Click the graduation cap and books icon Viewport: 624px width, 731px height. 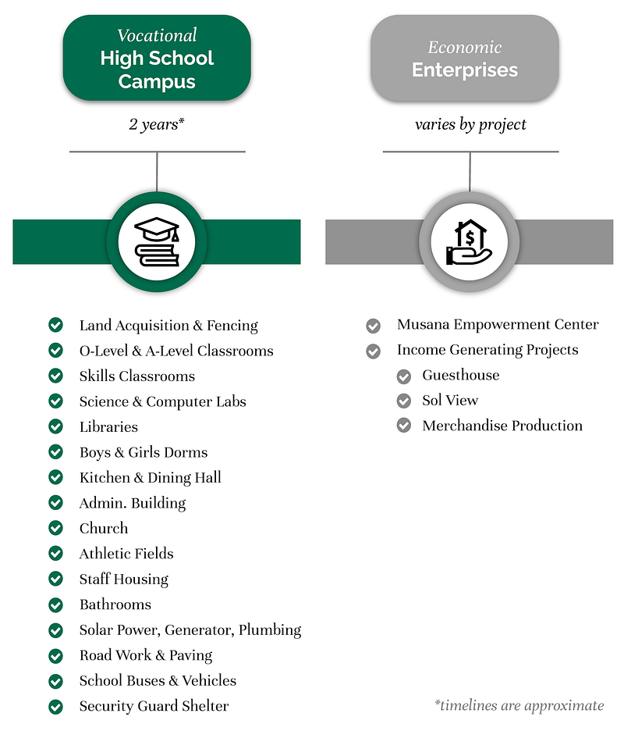[x=157, y=241]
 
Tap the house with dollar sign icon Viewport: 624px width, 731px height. [x=469, y=242]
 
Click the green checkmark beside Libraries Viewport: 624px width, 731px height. [x=56, y=426]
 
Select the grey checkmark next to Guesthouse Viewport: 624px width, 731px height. [x=404, y=376]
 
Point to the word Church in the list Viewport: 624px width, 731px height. [x=104, y=528]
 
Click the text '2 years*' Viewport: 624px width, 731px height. [x=157, y=124]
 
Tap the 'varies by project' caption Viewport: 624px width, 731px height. [x=470, y=124]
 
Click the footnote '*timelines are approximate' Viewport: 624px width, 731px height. [x=519, y=705]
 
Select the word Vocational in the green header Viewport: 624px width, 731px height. [x=157, y=35]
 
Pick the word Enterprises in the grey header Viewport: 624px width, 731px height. [x=465, y=70]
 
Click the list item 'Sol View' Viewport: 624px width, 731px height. [x=450, y=400]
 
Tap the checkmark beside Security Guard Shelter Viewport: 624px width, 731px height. [x=56, y=707]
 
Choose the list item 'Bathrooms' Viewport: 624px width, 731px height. [x=115, y=604]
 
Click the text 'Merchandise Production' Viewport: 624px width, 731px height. [x=502, y=425]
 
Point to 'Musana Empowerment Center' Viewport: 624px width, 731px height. [x=498, y=324]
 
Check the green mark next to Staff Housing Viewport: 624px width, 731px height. [x=56, y=579]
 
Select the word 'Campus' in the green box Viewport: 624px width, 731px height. [x=157, y=82]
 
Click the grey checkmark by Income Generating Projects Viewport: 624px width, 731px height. [x=373, y=351]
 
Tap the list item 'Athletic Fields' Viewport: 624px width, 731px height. [x=126, y=554]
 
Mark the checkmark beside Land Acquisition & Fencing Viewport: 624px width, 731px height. [x=56, y=324]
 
